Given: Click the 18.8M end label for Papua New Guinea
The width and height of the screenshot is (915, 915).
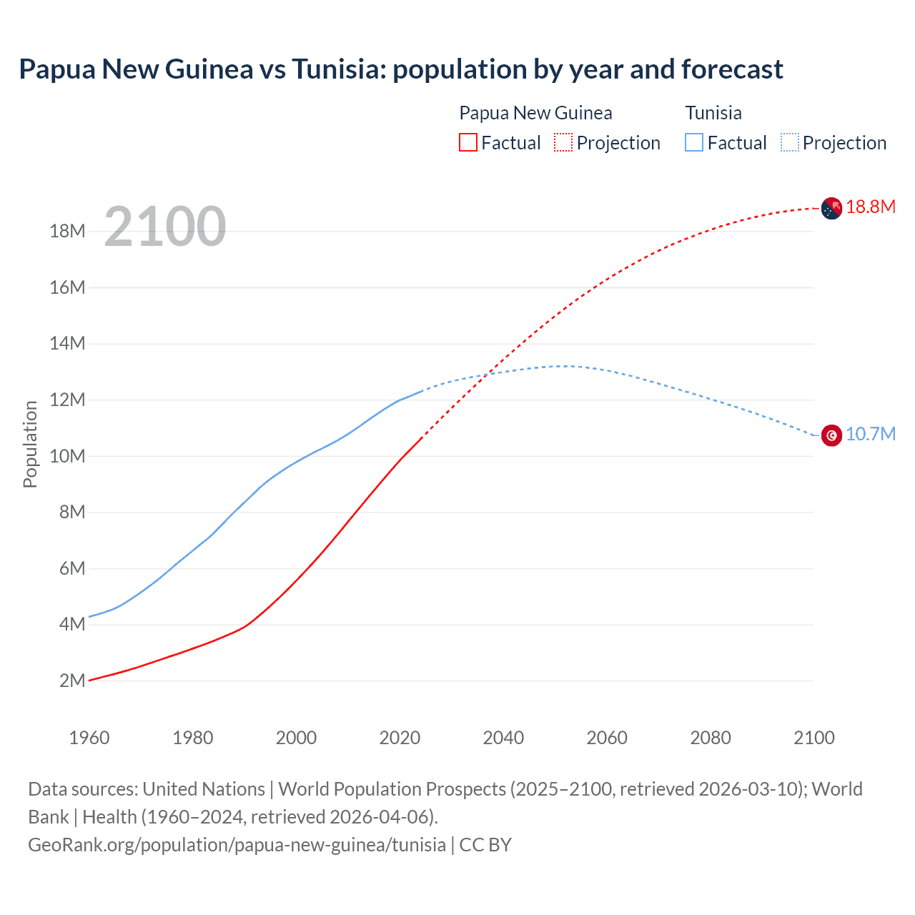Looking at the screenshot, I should (x=870, y=207).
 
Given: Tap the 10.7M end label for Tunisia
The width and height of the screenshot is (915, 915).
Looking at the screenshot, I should (x=870, y=435).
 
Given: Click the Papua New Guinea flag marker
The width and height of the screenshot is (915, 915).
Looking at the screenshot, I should (x=831, y=208).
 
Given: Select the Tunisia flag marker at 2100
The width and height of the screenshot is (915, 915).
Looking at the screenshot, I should (x=831, y=435).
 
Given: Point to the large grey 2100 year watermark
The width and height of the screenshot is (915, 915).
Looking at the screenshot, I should (x=165, y=227).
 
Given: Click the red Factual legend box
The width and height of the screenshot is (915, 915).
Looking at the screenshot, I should (x=468, y=143).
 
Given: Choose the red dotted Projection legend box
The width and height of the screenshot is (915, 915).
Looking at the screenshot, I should (x=563, y=143).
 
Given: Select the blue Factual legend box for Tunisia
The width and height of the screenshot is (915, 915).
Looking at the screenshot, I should (x=694, y=143).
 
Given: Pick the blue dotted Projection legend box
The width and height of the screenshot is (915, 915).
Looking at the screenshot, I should (x=790, y=143).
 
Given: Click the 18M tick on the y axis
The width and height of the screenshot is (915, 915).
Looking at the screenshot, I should (x=67, y=232).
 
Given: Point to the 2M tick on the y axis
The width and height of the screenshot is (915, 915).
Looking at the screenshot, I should (x=71, y=681).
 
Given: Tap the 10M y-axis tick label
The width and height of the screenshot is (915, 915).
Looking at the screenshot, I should (x=67, y=456).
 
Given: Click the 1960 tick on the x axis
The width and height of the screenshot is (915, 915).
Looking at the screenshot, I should (x=89, y=738).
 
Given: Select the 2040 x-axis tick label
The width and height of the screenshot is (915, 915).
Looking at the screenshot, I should (x=503, y=738).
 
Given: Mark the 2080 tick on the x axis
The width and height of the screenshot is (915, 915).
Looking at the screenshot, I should (x=711, y=738).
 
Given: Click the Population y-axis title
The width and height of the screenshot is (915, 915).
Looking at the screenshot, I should (x=30, y=444).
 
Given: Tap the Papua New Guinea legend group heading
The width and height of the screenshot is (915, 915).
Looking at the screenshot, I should (x=535, y=113).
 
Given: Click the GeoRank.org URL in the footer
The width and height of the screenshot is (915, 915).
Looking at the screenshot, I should (x=237, y=845).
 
